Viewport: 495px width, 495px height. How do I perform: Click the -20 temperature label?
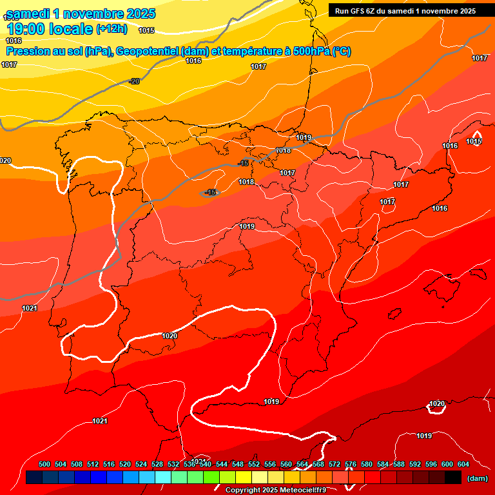click(134, 81)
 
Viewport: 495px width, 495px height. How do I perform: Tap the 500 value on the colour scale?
click(44, 464)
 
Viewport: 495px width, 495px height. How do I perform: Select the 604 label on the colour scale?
click(463, 464)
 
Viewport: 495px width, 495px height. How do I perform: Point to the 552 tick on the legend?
click(254, 464)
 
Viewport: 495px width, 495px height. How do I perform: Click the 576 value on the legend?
click(351, 464)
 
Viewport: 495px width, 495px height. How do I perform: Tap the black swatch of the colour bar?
click(453, 477)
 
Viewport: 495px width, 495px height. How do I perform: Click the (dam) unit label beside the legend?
click(477, 478)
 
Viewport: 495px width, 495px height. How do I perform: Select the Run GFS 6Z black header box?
click(405, 10)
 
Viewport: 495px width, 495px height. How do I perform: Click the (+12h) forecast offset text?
click(112, 28)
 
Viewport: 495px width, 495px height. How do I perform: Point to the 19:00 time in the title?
click(26, 29)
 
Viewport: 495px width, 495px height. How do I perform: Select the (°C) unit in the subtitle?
click(342, 52)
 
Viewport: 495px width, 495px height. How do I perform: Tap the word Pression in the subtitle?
click(27, 52)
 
